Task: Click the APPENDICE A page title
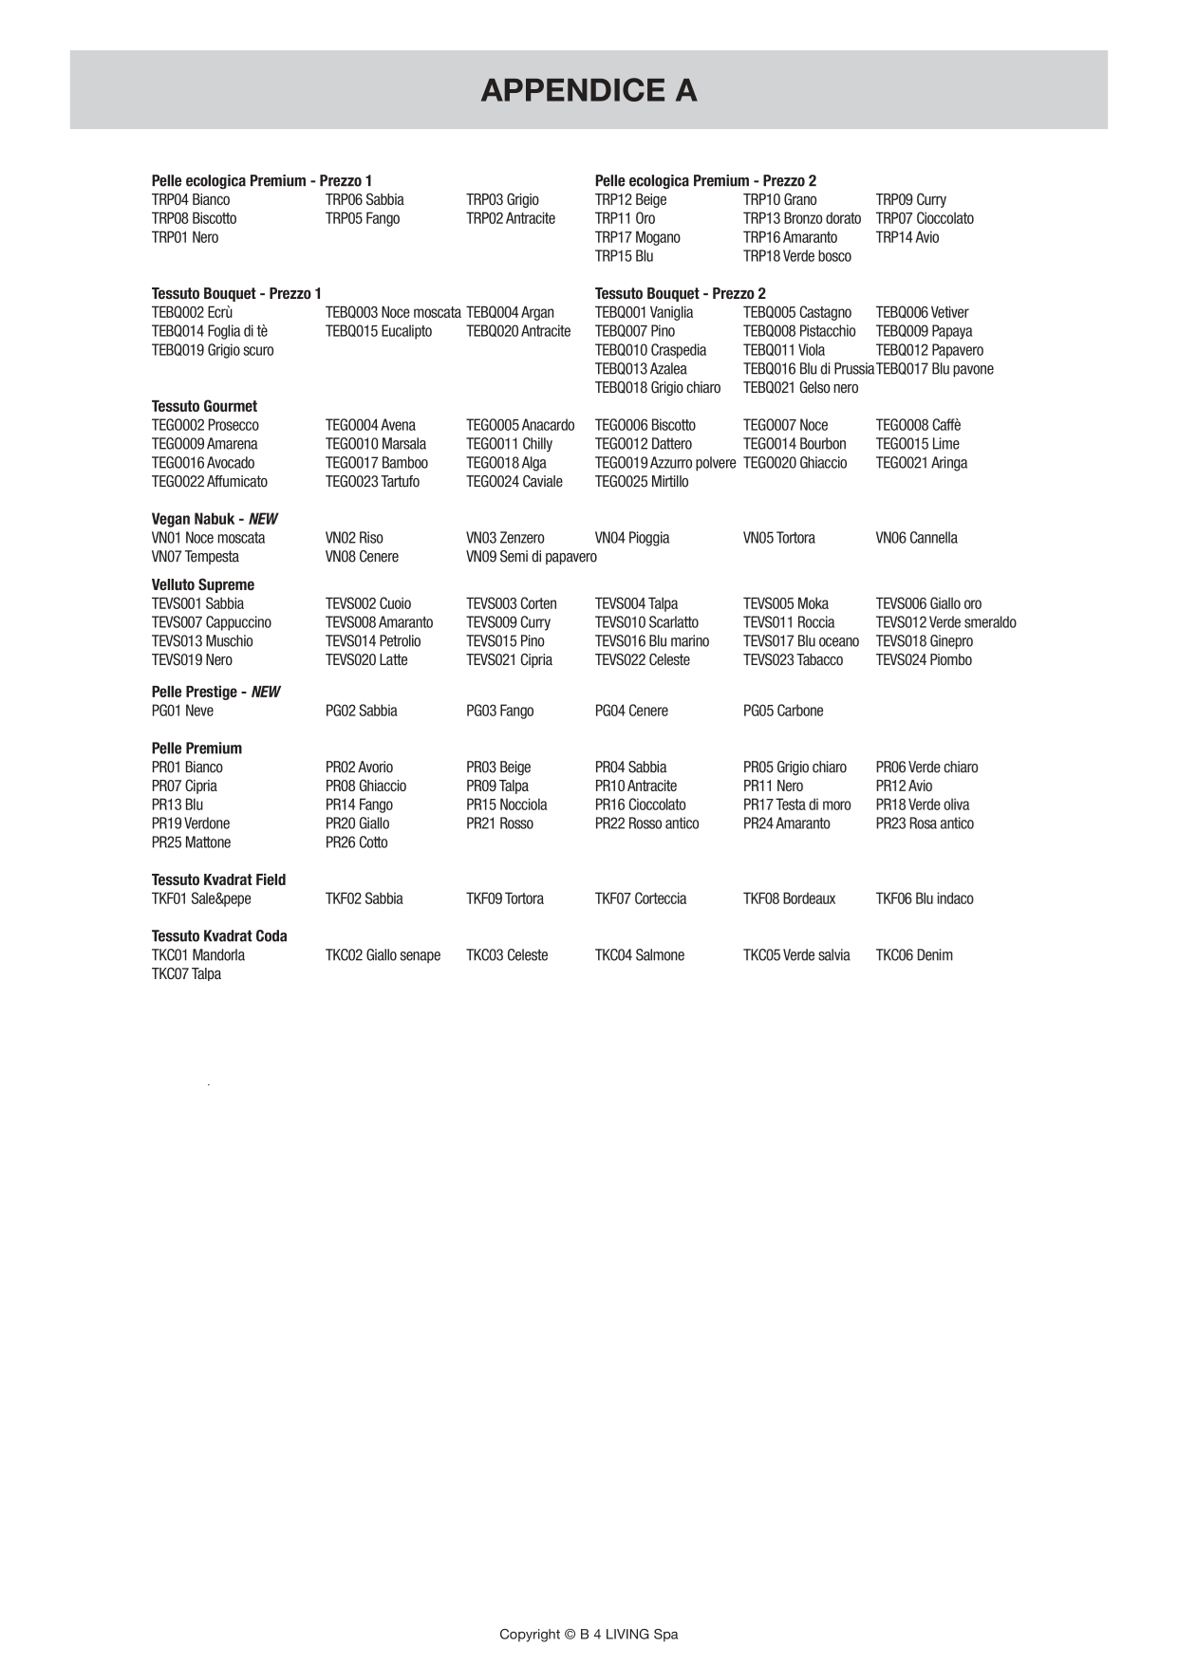(x=589, y=90)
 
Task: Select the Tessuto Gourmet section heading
(x=204, y=406)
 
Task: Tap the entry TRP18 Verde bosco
(x=796, y=256)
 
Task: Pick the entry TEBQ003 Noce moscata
(x=393, y=312)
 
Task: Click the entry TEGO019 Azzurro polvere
(x=664, y=463)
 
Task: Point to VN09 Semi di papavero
(x=531, y=557)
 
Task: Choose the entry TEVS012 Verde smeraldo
(x=945, y=622)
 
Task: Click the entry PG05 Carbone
(x=783, y=711)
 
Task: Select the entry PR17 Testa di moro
(x=796, y=805)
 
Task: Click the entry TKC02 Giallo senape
(x=383, y=955)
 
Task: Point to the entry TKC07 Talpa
(x=186, y=974)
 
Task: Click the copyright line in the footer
(x=589, y=1634)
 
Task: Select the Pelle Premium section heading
(x=196, y=748)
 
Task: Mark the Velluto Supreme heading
(x=203, y=584)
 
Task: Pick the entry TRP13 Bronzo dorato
(x=801, y=218)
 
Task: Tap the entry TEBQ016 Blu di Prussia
(x=808, y=369)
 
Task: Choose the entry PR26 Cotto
(x=356, y=842)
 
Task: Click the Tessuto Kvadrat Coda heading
(x=219, y=935)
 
